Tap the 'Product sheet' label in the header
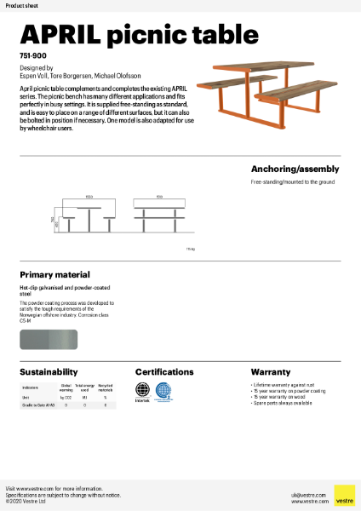tap(20, 5)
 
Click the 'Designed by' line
tap(36, 66)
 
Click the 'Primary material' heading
tap(54, 275)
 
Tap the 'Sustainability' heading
tap(49, 372)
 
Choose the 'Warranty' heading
tap(271, 372)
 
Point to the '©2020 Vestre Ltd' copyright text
tap(25, 502)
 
